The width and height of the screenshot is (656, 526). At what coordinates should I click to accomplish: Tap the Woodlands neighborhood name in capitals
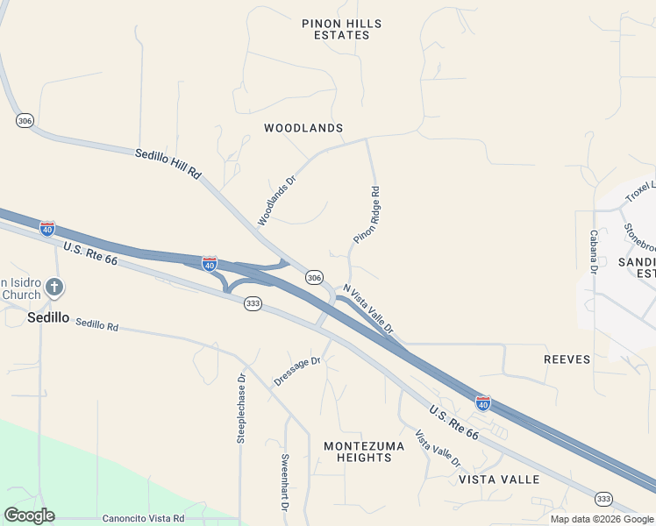pyautogui.click(x=303, y=128)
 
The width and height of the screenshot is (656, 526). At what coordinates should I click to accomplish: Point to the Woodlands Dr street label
pyautogui.click(x=277, y=201)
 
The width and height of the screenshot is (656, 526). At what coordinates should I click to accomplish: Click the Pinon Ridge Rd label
pyautogui.click(x=367, y=215)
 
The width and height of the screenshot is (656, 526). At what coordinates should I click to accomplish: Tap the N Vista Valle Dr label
pyautogui.click(x=369, y=309)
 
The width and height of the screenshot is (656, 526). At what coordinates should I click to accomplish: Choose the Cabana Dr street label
pyautogui.click(x=594, y=252)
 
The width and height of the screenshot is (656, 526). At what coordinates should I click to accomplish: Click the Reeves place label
pyautogui.click(x=567, y=359)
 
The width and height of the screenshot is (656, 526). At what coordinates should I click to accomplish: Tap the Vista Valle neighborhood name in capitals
pyautogui.click(x=499, y=480)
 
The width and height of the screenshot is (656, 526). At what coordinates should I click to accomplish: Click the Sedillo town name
pyautogui.click(x=47, y=317)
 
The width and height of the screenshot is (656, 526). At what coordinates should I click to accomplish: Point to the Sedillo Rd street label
pyautogui.click(x=96, y=324)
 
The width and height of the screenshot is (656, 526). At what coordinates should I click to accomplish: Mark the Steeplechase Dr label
pyautogui.click(x=241, y=409)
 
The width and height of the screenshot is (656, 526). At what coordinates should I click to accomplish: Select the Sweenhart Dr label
pyautogui.click(x=285, y=482)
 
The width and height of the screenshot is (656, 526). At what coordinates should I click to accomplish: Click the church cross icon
pyautogui.click(x=54, y=287)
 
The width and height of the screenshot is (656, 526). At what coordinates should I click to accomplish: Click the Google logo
pyautogui.click(x=29, y=515)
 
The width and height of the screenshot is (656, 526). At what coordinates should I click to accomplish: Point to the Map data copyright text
pyautogui.click(x=601, y=519)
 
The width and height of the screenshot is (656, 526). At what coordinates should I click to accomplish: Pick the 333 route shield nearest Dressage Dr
pyautogui.click(x=253, y=303)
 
